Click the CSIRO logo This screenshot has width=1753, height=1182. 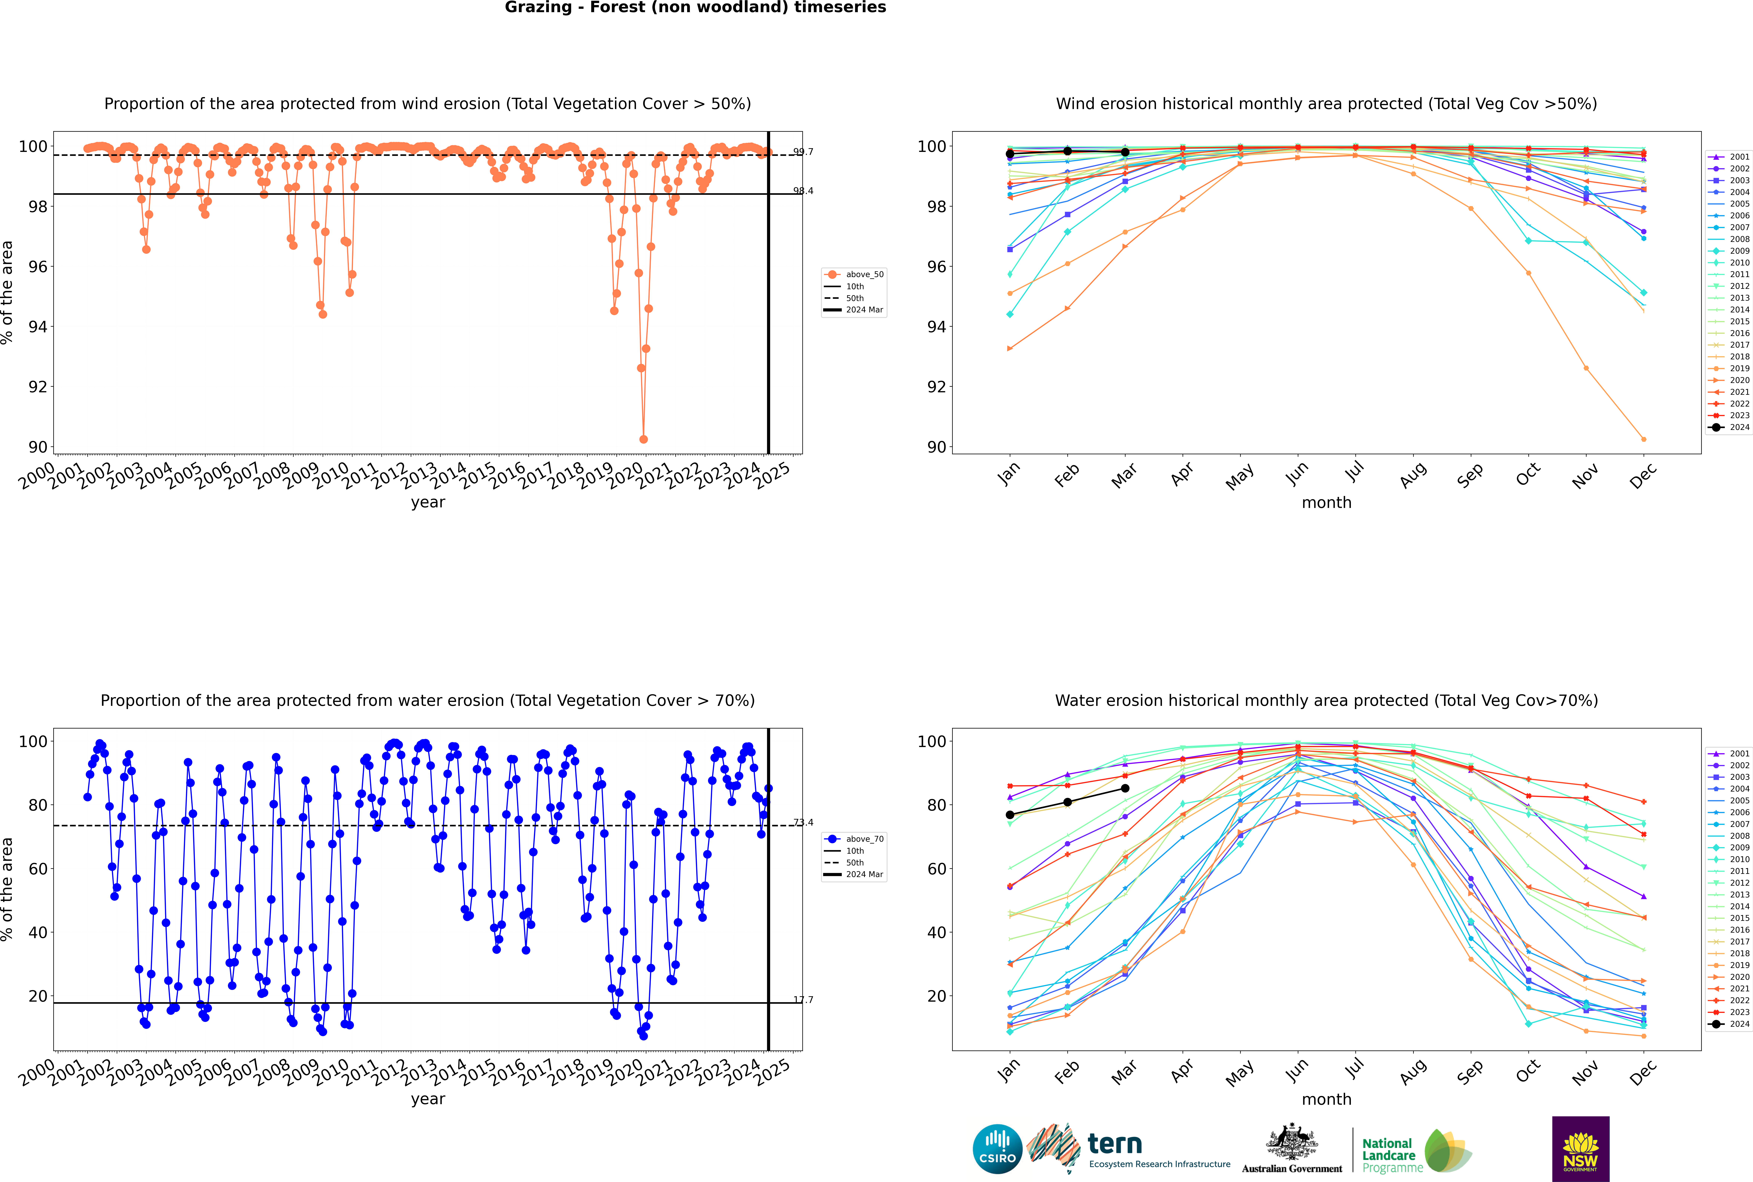(997, 1149)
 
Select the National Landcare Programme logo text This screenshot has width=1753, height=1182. (1388, 1155)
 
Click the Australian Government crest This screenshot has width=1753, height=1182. (1292, 1142)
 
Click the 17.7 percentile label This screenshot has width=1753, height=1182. (803, 1000)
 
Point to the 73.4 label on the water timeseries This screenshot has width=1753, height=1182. (803, 822)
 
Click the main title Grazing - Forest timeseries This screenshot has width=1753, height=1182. (695, 7)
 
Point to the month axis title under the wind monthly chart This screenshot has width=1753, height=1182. (1326, 503)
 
